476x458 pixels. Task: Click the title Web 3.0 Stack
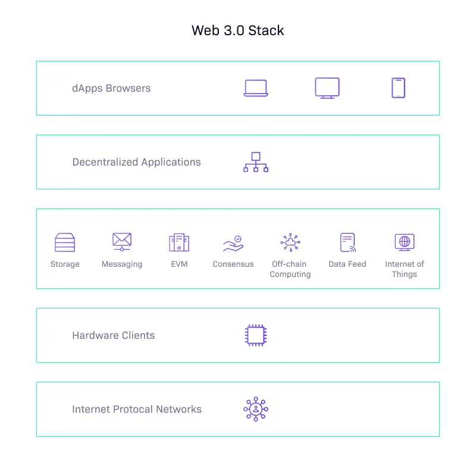(x=237, y=30)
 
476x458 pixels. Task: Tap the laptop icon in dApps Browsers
(x=256, y=88)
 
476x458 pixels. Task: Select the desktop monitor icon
(x=327, y=88)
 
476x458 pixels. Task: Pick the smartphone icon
(x=399, y=88)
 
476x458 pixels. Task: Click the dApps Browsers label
(x=111, y=88)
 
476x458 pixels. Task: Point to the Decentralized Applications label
(x=136, y=162)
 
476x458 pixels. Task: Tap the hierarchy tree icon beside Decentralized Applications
(x=256, y=162)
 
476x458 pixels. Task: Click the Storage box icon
(x=65, y=242)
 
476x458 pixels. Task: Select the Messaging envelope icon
(x=122, y=242)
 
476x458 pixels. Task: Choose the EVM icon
(x=179, y=242)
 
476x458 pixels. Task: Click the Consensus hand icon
(x=233, y=243)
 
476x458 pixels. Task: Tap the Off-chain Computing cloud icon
(x=290, y=242)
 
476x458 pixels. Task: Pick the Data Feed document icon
(x=347, y=242)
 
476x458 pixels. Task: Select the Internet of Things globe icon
(x=405, y=242)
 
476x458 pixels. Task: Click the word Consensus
(x=233, y=264)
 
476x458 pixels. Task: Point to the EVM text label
(x=179, y=264)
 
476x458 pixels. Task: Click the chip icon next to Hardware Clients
(x=256, y=335)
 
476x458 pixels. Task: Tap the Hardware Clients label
(x=113, y=335)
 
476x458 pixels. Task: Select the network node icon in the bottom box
(x=256, y=409)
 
